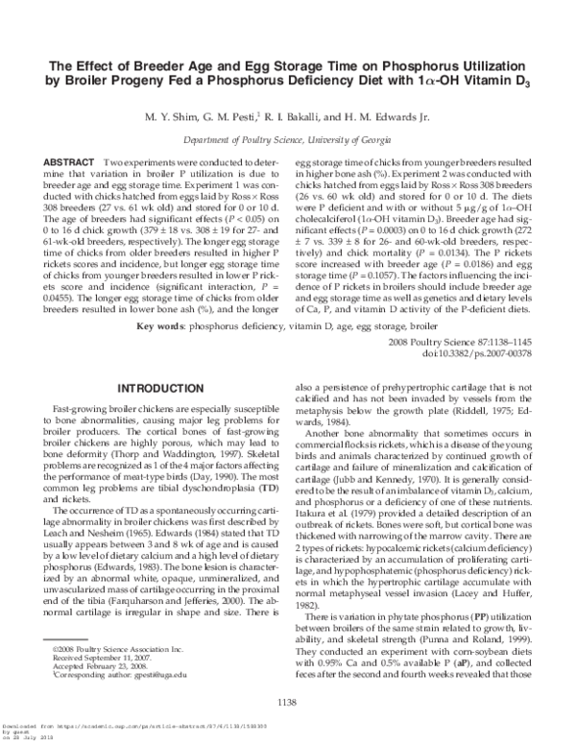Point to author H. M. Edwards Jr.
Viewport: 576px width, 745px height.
pos(402,117)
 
